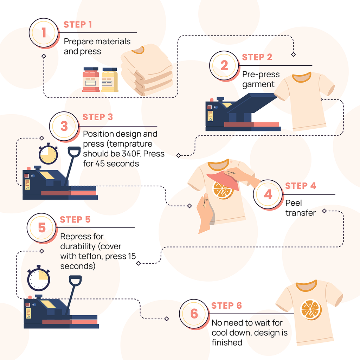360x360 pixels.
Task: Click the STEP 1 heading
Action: tap(78, 24)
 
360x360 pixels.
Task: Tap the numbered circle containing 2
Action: tap(224, 65)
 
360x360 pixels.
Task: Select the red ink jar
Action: tap(91, 79)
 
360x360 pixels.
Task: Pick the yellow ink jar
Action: tap(110, 80)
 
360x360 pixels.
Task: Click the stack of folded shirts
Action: tap(147, 70)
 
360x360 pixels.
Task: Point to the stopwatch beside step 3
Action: tap(48, 154)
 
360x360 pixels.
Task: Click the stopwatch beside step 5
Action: tap(39, 278)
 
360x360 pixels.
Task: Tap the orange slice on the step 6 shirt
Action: tap(311, 310)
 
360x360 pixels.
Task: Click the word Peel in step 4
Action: tap(294, 203)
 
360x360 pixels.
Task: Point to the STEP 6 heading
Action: tap(226, 306)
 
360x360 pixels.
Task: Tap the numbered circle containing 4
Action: tap(268, 194)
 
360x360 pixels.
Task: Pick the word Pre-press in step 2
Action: tap(261, 75)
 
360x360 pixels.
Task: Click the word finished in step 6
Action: tap(227, 342)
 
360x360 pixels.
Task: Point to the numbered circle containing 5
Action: tap(41, 228)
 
